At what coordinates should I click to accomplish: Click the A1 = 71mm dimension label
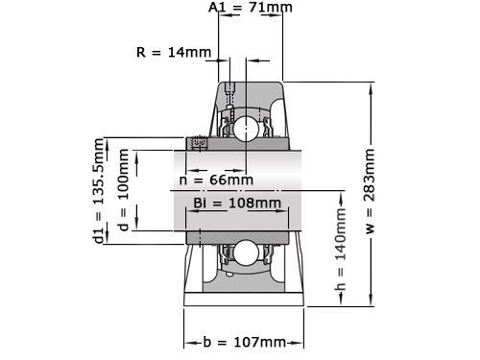pos(251,7)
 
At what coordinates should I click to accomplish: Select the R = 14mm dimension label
pos(174,52)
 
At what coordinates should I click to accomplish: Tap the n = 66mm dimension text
pos(216,180)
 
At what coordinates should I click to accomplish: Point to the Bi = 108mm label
pos(237,203)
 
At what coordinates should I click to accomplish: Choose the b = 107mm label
pos(244,342)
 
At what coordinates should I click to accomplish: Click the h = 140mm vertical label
pos(340,249)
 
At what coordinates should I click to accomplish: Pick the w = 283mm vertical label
pos(370,191)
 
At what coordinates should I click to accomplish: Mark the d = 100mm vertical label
pos(123,190)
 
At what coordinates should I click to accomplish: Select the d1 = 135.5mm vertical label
pos(99,191)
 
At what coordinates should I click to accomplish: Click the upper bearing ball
pos(246,129)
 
